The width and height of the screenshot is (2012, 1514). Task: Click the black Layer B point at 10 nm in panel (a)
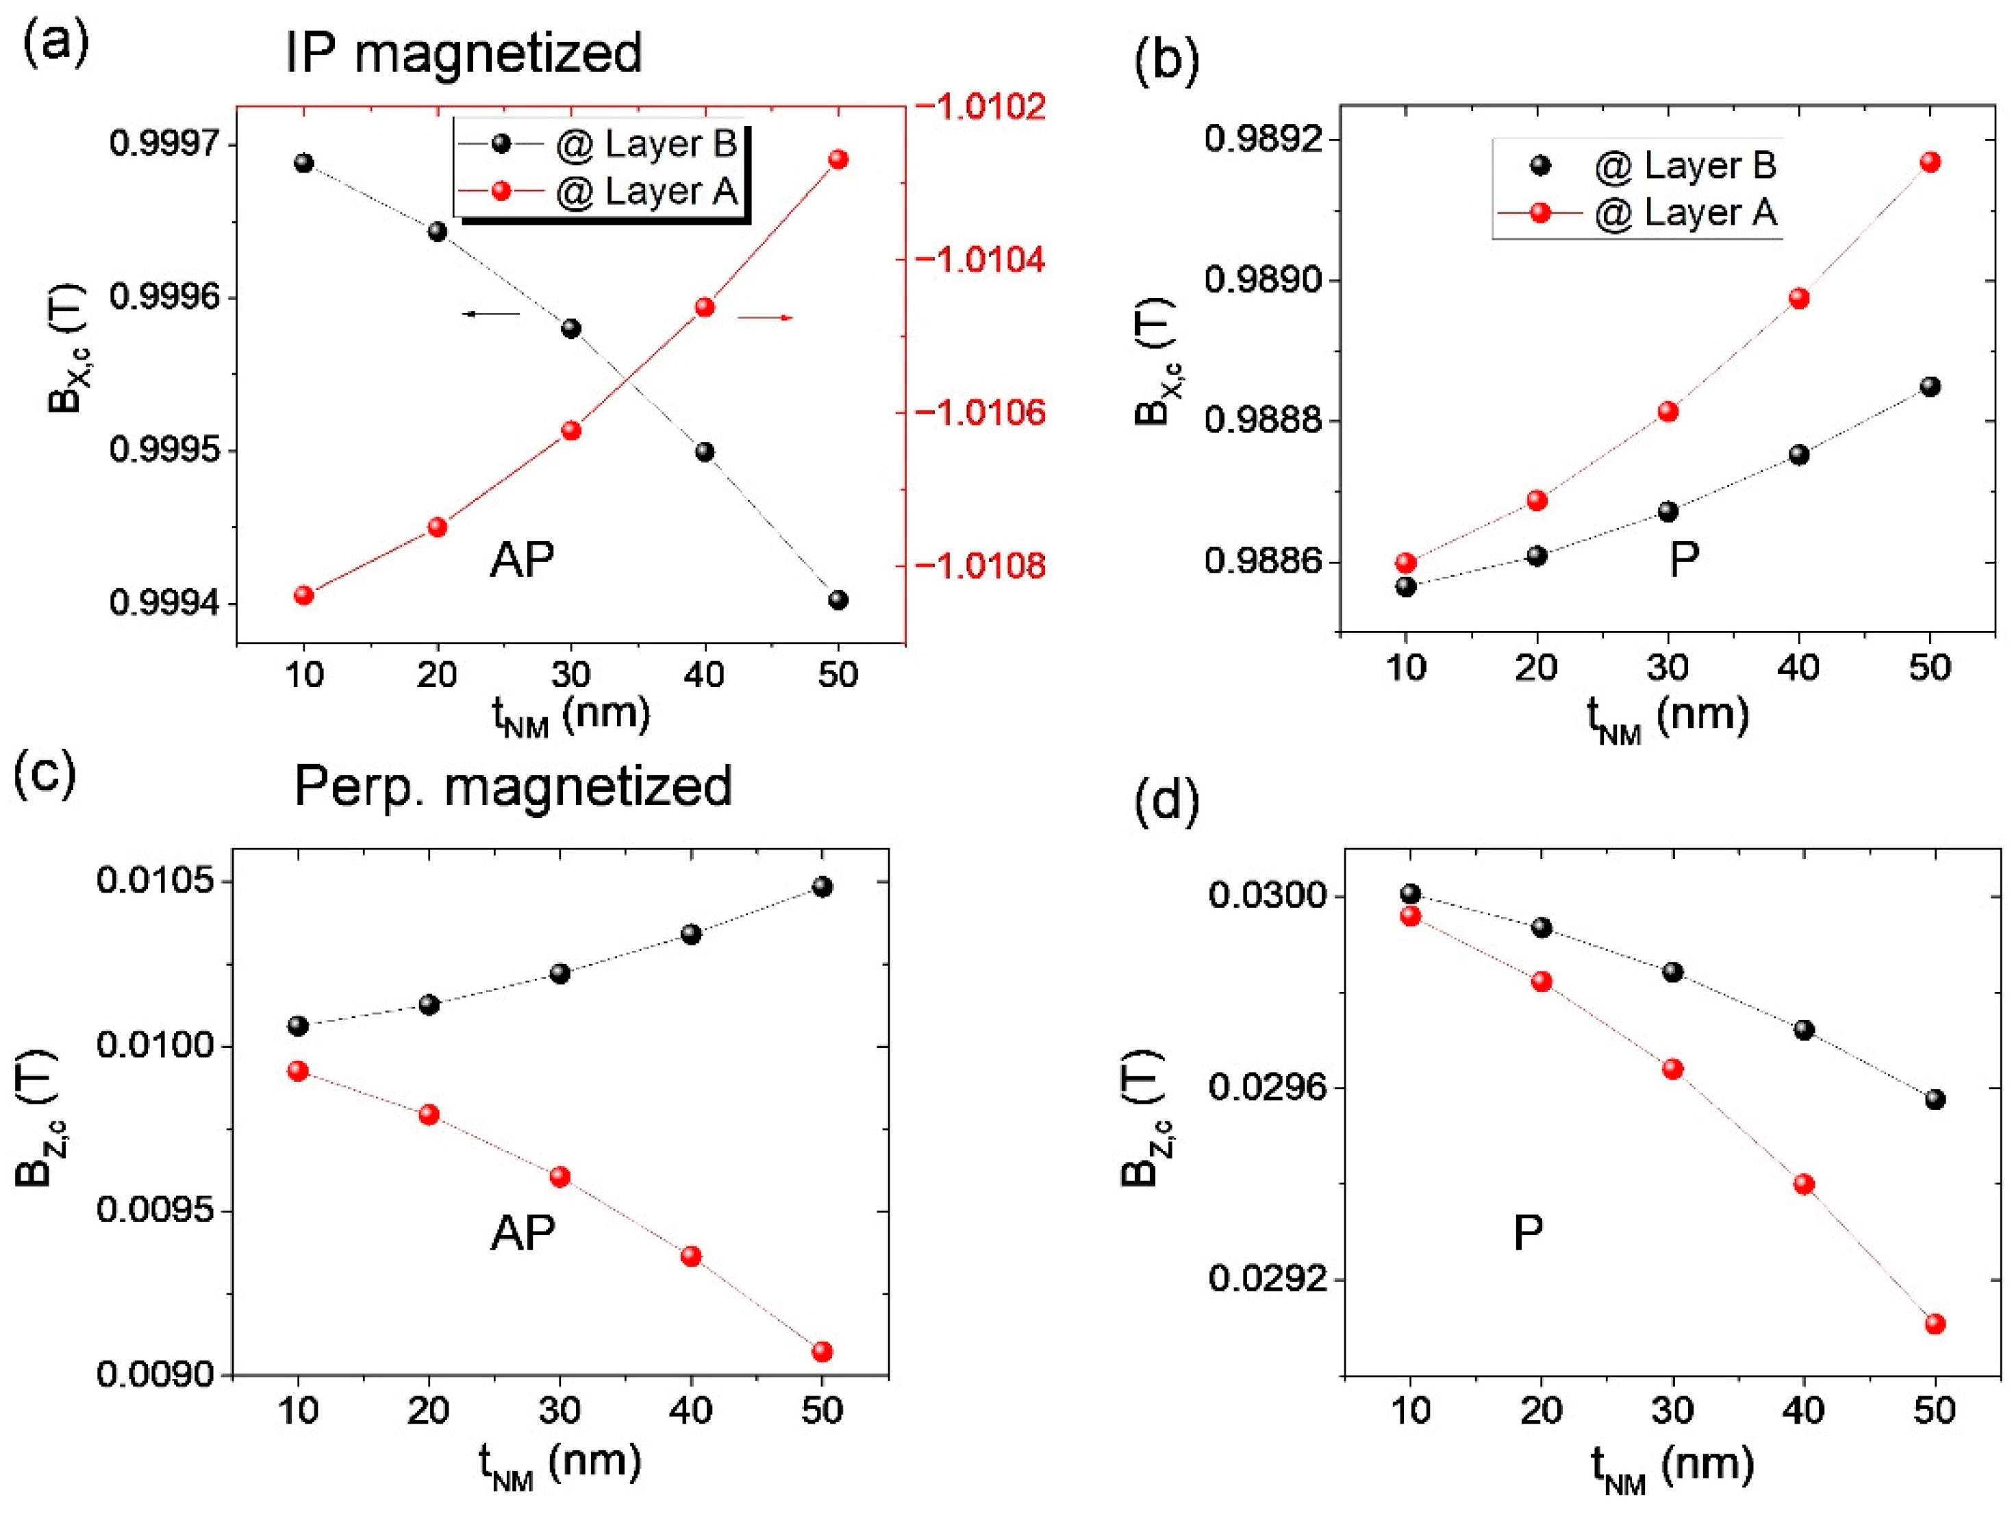click(x=304, y=163)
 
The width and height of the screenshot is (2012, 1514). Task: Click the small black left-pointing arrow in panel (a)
click(x=491, y=314)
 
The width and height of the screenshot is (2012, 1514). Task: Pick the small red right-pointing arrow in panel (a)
click(x=765, y=318)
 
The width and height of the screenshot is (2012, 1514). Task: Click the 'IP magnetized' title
click(x=463, y=53)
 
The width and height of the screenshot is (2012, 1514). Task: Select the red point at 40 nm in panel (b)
click(x=1798, y=299)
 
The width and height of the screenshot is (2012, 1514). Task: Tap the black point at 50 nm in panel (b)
click(x=1929, y=386)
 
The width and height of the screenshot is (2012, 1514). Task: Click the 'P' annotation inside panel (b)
click(x=1684, y=560)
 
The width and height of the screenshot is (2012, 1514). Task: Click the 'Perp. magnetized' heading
click(x=513, y=786)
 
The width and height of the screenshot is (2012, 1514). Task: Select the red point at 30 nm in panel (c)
click(x=560, y=1176)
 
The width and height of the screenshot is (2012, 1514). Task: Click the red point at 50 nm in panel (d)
click(x=1935, y=1324)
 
